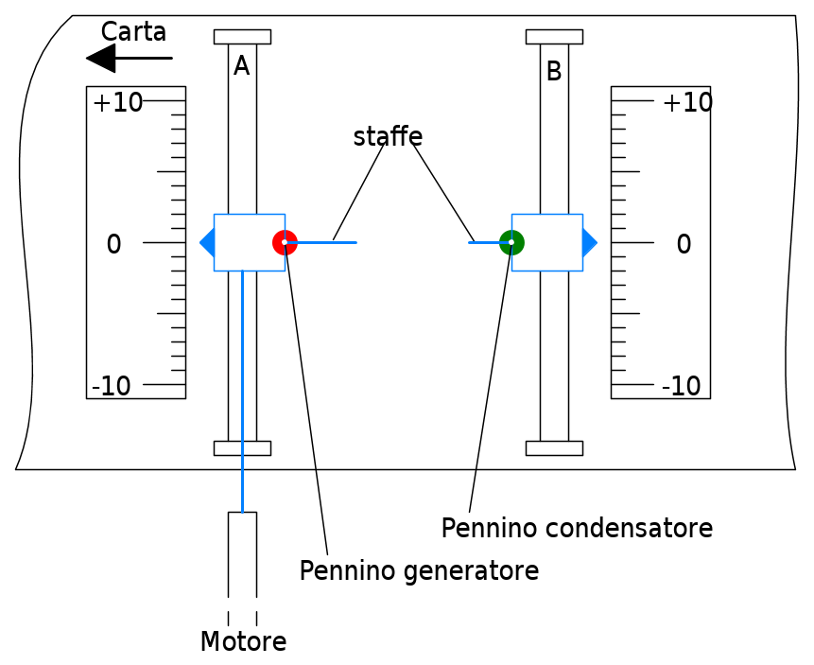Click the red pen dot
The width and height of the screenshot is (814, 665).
[x=285, y=242]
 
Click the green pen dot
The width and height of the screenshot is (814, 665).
[x=511, y=242]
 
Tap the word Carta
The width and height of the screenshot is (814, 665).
[x=133, y=32]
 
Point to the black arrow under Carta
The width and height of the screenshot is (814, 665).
[x=130, y=59]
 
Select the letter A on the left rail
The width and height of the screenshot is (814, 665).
[x=241, y=66]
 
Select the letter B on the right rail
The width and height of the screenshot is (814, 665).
[x=554, y=71]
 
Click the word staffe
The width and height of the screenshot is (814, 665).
[x=388, y=136]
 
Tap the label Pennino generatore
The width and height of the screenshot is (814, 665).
[x=419, y=570]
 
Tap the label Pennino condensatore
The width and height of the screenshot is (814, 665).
[x=577, y=528]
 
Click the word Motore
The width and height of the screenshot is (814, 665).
[x=244, y=641]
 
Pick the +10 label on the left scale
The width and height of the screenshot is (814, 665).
[x=118, y=102]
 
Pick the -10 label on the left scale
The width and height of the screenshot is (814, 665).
[x=112, y=386]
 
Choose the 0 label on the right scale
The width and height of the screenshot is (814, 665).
[x=684, y=244]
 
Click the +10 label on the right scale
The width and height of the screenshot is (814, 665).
[x=688, y=102]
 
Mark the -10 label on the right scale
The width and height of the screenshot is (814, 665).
[x=681, y=386]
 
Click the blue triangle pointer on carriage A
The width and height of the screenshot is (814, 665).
[x=207, y=242]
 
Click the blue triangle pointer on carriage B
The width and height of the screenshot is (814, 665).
[x=590, y=242]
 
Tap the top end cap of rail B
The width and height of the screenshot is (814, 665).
[x=554, y=37]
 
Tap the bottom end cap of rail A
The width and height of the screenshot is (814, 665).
[x=242, y=448]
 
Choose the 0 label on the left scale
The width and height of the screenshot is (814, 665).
[x=113, y=244]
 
